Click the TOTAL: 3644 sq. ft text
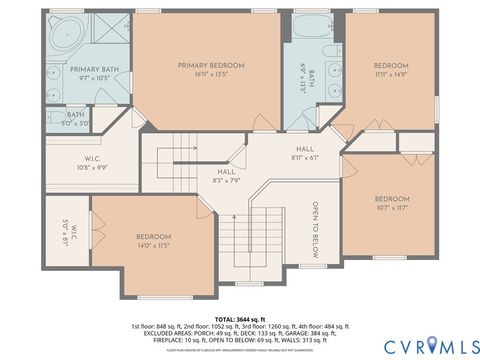click(240, 317)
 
